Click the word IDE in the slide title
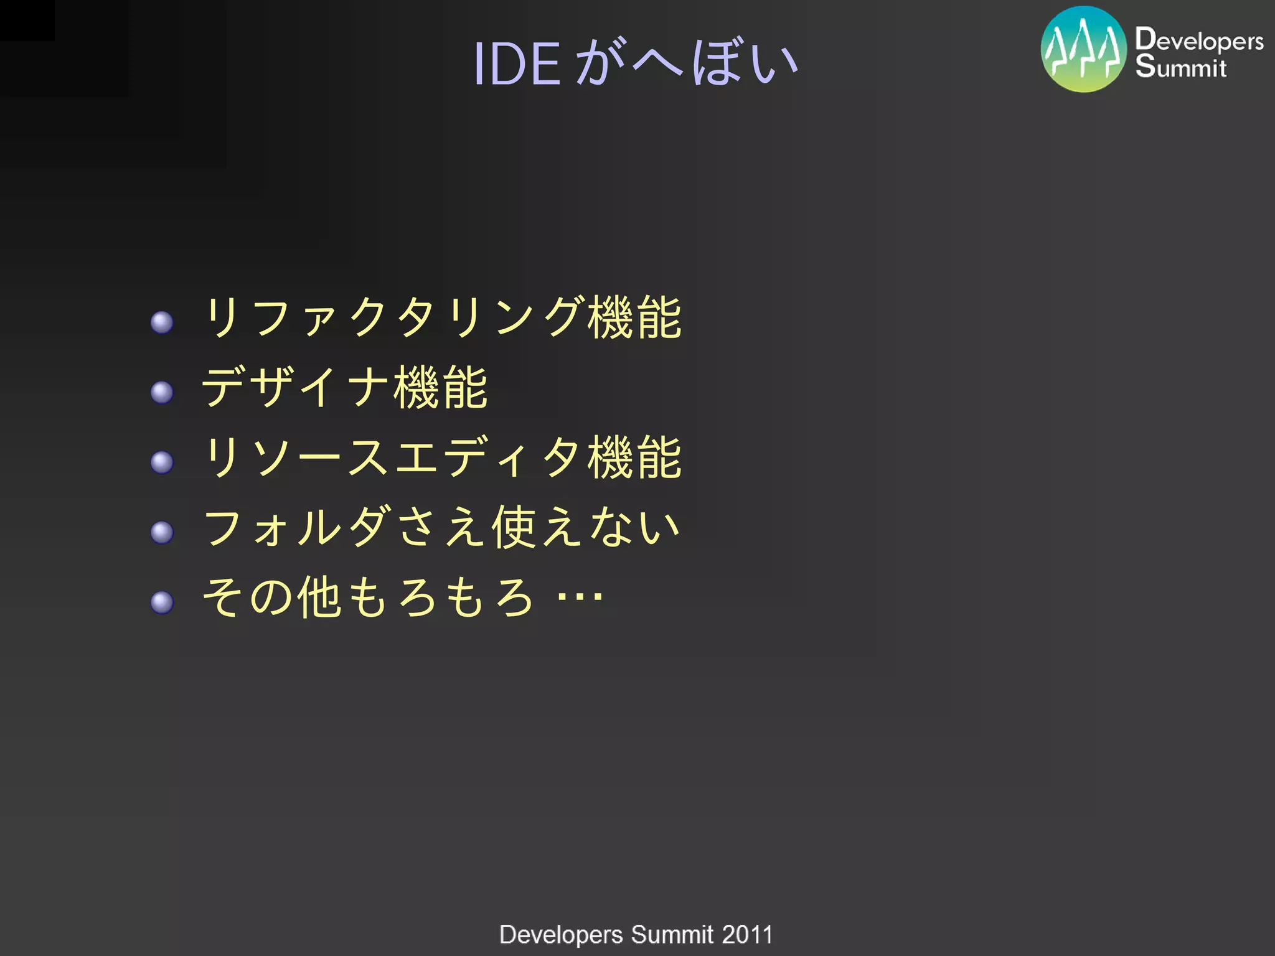pyautogui.click(x=517, y=63)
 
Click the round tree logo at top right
pyautogui.click(x=1083, y=49)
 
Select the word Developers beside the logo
pyautogui.click(x=1199, y=40)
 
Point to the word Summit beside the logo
pyautogui.click(x=1180, y=67)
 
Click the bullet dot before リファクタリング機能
pyautogui.click(x=162, y=322)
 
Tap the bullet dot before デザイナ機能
pyautogui.click(x=162, y=392)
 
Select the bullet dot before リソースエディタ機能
pyautogui.click(x=162, y=462)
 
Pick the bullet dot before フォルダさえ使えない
pyautogui.click(x=162, y=532)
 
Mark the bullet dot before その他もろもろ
pyautogui.click(x=162, y=602)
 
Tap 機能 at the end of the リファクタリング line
pyautogui.click(x=635, y=317)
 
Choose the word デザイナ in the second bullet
pyautogui.click(x=296, y=387)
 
